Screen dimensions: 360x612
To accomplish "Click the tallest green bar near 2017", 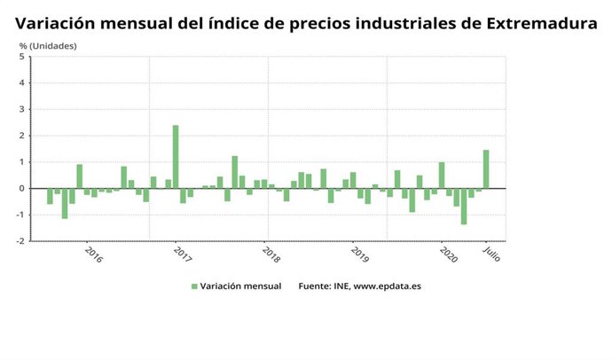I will [176, 157].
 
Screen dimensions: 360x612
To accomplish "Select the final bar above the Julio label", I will [486, 169].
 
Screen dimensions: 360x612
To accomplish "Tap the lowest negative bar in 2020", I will [464, 206].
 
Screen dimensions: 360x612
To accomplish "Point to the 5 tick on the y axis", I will [21, 58].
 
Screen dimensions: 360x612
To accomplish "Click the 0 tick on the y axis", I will [21, 188].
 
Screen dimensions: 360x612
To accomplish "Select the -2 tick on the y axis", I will [20, 240].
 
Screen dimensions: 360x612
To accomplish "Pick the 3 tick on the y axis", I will [21, 110].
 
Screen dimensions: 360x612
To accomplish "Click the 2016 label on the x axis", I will [93, 254].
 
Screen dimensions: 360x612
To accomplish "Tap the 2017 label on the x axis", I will [182, 254].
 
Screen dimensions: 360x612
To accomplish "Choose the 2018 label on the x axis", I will [271, 254].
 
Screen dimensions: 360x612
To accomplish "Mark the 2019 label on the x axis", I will [359, 254].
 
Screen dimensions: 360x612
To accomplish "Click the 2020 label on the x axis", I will [448, 254].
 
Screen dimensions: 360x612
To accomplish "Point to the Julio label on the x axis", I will [490, 254].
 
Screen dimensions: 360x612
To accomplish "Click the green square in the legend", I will [194, 286].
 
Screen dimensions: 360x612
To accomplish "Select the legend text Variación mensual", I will [240, 286].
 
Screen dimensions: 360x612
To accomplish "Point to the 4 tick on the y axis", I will [21, 83].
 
